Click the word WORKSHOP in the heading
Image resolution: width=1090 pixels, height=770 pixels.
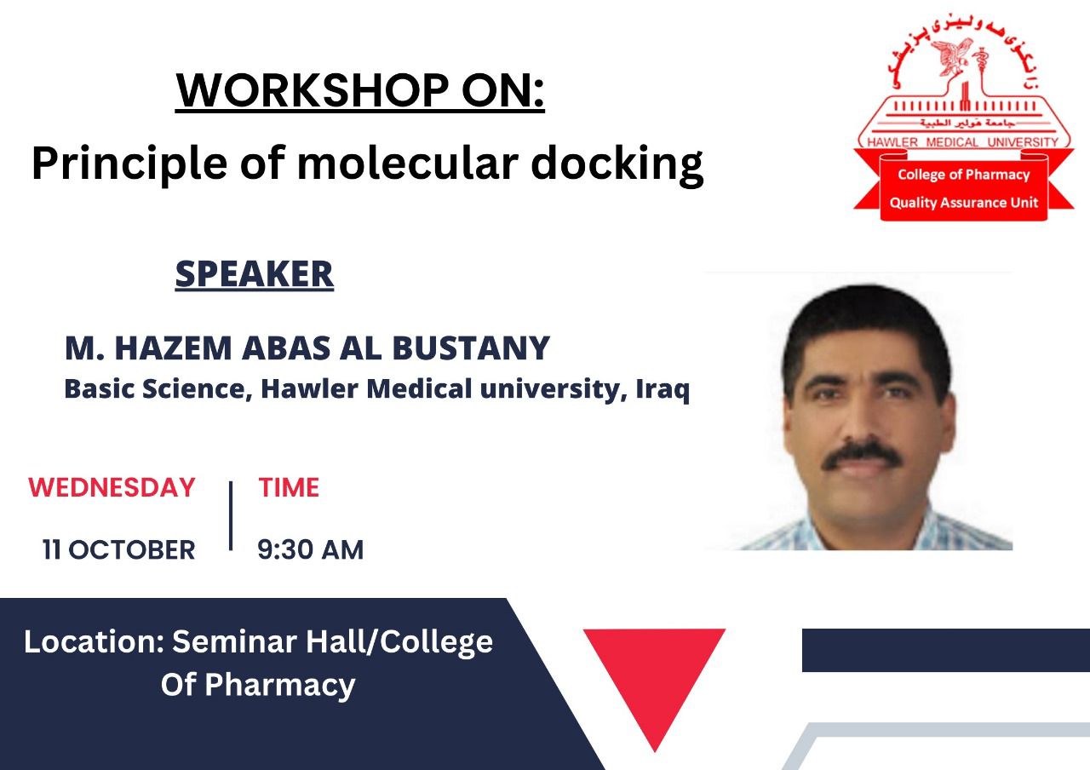click(313, 90)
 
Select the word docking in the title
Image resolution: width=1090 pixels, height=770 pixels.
click(617, 165)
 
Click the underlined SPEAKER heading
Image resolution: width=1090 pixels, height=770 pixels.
click(255, 274)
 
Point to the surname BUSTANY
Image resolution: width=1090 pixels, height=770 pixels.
click(471, 348)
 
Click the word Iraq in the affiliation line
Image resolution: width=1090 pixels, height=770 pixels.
click(663, 389)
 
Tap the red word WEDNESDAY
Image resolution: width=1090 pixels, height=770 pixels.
click(112, 487)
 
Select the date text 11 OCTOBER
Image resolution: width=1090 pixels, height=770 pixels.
click(118, 549)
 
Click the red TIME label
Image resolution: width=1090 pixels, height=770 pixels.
click(289, 487)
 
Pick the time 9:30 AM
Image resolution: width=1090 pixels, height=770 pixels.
click(311, 549)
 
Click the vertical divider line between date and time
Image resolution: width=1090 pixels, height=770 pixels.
click(231, 516)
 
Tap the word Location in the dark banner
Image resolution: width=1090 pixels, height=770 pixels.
click(94, 641)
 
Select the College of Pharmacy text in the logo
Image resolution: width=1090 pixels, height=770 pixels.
click(964, 175)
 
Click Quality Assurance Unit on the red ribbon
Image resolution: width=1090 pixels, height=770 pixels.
click(964, 202)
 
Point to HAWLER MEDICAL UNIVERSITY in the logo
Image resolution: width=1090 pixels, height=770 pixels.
click(963, 142)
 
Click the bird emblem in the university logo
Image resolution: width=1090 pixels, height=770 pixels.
click(951, 57)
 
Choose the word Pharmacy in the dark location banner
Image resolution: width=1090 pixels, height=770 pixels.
click(280, 686)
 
